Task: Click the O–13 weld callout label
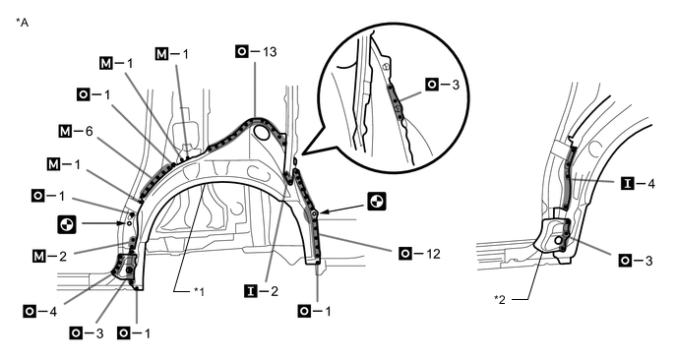(256, 52)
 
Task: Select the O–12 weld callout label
(420, 254)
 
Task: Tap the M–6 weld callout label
(76, 131)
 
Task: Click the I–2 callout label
(262, 291)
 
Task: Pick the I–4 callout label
(639, 184)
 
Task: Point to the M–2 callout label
(49, 256)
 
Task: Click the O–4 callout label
(40, 311)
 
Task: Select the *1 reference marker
(199, 291)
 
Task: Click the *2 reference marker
(500, 299)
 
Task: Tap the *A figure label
(22, 23)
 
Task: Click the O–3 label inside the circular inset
(443, 85)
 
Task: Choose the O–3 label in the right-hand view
(636, 261)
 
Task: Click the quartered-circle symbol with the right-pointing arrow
(67, 224)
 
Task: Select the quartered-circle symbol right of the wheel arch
(377, 202)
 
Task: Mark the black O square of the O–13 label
(242, 52)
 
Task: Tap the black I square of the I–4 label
(628, 184)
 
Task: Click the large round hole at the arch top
(262, 132)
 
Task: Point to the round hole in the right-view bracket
(559, 240)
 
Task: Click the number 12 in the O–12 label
(433, 254)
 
